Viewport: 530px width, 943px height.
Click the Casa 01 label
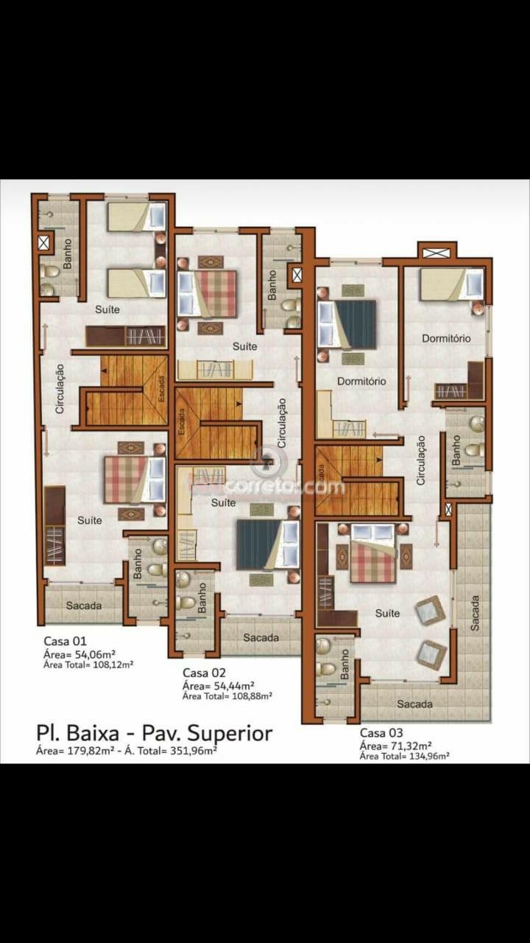pos(65,640)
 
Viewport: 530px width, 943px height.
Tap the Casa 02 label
pos(204,672)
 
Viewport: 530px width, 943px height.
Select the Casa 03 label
pos(381,733)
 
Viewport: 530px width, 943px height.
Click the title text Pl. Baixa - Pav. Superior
pos(154,733)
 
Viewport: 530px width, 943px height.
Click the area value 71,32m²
pos(409,745)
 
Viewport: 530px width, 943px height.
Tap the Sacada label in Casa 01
pos(84,606)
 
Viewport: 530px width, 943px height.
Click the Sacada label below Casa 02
pos(261,637)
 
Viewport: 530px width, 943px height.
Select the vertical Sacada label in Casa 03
pos(474,612)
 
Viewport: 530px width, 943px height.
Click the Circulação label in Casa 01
pos(60,388)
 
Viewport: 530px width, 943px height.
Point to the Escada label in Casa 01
pos(161,388)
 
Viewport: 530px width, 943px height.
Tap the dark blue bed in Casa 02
pos(259,544)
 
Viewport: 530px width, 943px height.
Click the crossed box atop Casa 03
pos(437,253)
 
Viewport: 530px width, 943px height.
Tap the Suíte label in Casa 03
pos(387,613)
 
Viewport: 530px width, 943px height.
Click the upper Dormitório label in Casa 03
pos(446,338)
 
